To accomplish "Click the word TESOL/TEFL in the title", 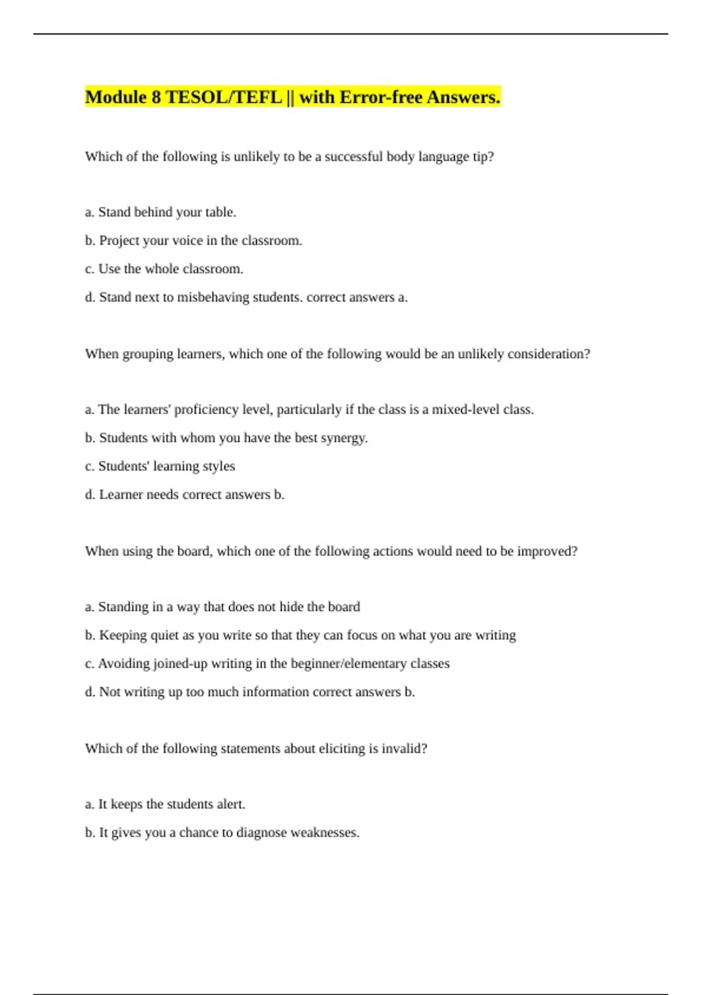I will click(x=224, y=97).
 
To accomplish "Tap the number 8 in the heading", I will click(x=156, y=97).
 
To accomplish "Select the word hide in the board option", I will click(x=291, y=607).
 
